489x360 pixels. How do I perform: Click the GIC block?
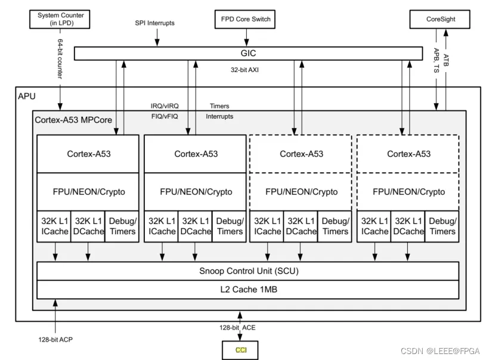pyautogui.click(x=247, y=53)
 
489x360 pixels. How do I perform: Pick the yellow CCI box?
pyautogui.click(x=240, y=349)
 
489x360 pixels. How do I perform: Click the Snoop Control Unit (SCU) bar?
pyautogui.click(x=248, y=271)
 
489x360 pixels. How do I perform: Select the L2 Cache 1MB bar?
pyautogui.click(x=248, y=289)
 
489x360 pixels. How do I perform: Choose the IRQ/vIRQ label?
pyautogui.click(x=165, y=106)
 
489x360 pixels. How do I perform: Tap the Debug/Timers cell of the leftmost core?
pyautogui.click(x=122, y=226)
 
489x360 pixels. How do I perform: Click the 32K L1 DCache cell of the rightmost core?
pyautogui.click(x=408, y=226)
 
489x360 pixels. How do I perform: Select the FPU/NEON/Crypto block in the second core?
pyautogui.click(x=196, y=192)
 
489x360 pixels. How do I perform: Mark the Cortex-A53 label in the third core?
pyautogui.click(x=301, y=154)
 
